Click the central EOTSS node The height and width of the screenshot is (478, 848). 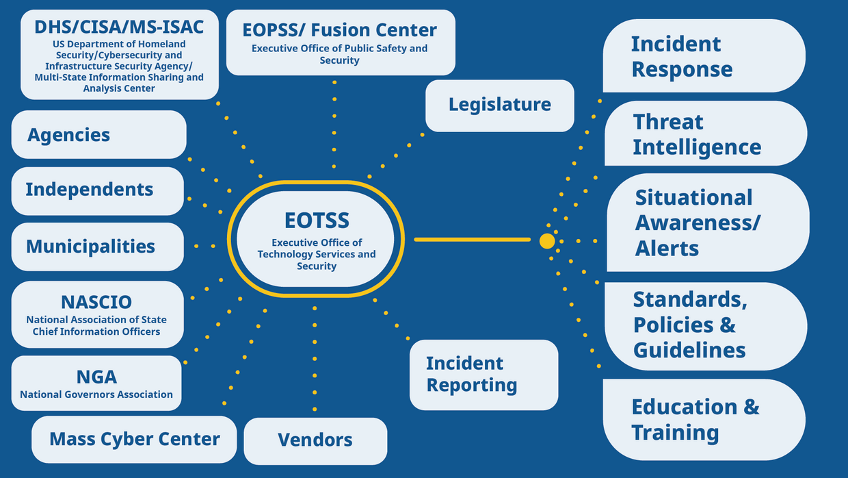click(x=317, y=239)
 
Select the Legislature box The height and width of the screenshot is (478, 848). click(x=500, y=105)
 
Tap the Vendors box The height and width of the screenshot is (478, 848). click(x=315, y=440)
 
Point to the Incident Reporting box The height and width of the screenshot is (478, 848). click(x=483, y=375)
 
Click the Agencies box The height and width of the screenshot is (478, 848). click(x=98, y=135)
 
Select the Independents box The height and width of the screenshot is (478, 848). click(x=97, y=190)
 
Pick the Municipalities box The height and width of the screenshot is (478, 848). click(x=97, y=247)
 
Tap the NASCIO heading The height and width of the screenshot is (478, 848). click(x=96, y=302)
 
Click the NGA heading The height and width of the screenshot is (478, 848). click(x=96, y=377)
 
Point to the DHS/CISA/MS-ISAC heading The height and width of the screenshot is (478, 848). click(x=119, y=27)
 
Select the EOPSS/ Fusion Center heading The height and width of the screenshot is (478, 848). click(x=340, y=30)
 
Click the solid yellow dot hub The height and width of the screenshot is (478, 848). click(x=547, y=241)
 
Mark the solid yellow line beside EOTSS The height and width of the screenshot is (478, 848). click(x=472, y=240)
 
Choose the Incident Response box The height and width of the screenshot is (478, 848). click(x=703, y=56)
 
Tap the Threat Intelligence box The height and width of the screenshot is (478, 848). click(x=705, y=134)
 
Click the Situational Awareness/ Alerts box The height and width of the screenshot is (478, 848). click(x=707, y=223)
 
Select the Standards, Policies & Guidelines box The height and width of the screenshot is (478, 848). click(x=705, y=325)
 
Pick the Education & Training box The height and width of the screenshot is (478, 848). click(x=703, y=419)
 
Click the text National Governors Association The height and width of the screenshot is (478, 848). click(x=96, y=394)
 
